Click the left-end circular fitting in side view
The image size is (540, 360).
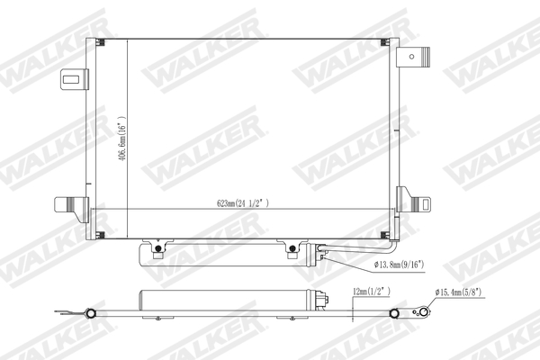(90, 313)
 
